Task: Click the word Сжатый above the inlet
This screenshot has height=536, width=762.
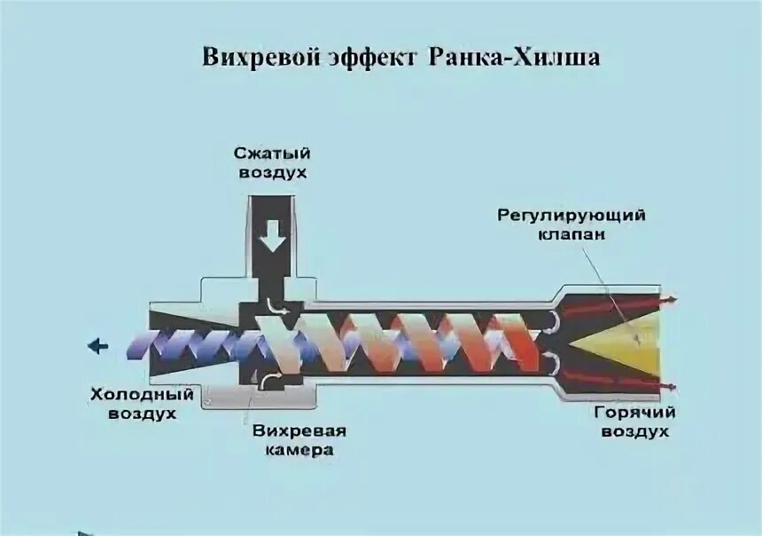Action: tap(273, 154)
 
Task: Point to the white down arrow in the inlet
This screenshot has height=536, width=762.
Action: tap(273, 236)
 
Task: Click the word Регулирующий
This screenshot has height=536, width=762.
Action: tap(571, 216)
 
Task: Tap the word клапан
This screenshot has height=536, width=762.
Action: tap(571, 235)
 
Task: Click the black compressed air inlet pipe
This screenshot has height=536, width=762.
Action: tap(273, 213)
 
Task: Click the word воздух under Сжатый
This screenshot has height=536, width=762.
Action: tap(273, 172)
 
